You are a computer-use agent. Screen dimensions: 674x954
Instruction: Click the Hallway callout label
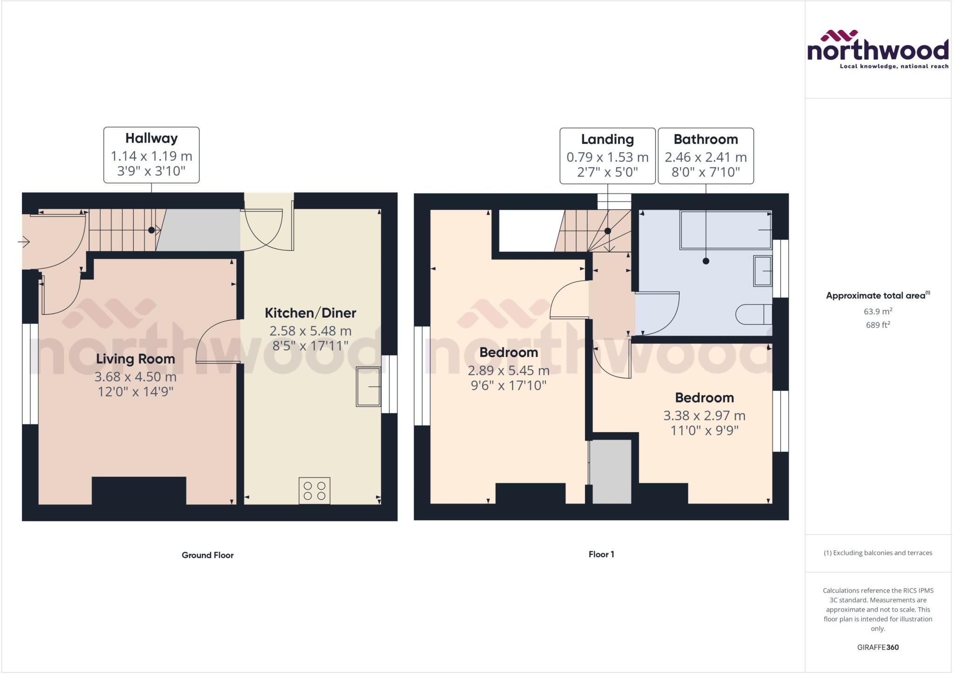pos(151,138)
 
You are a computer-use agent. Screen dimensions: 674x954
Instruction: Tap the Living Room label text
pos(136,359)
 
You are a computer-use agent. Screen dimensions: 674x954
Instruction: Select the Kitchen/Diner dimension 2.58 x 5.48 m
pos(310,331)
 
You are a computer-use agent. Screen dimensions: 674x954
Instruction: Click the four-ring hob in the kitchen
pos(314,490)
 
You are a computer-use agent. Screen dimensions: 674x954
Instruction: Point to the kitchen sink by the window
pos(368,387)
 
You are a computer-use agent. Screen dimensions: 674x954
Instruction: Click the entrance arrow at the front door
pos(24,242)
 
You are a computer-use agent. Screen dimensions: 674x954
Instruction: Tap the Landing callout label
pos(607,139)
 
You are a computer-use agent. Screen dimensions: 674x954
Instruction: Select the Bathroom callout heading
pos(705,139)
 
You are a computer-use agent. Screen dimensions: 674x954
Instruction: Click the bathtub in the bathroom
pos(725,230)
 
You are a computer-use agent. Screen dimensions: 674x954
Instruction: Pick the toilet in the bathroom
pos(754,314)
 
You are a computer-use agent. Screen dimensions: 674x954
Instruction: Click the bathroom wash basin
pos(763,271)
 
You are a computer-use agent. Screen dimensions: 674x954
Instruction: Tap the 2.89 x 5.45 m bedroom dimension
pos(508,370)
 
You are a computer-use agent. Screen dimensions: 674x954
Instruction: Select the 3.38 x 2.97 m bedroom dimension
pos(704,415)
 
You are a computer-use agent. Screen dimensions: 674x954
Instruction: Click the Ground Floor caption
pos(207,555)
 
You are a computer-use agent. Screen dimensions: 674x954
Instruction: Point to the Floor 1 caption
pos(601,554)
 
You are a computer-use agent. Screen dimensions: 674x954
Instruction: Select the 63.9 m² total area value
pos(878,311)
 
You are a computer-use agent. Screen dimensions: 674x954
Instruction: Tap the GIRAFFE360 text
pos(878,647)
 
